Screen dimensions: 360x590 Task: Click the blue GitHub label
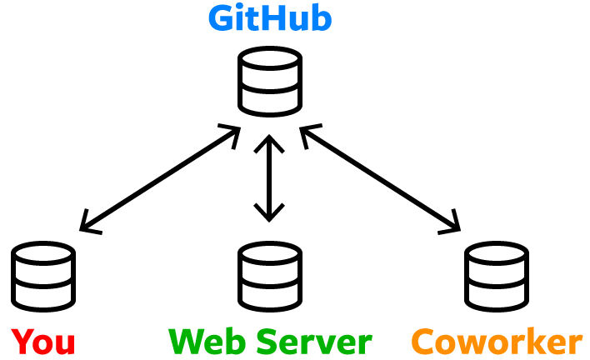(269, 18)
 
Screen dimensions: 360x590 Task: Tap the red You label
(43, 341)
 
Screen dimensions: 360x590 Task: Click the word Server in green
(312, 341)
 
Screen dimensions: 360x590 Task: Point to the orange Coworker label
(497, 341)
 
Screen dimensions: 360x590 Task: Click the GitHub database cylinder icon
(269, 81)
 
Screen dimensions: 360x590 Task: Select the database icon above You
(44, 275)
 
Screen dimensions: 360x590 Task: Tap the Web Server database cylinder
(269, 275)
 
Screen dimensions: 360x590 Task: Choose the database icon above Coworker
(495, 275)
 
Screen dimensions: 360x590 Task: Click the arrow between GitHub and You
(159, 178)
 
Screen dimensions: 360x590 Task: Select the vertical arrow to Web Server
(268, 177)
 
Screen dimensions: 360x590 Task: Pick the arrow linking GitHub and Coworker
(380, 178)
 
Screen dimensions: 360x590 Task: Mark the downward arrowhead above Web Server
(268, 214)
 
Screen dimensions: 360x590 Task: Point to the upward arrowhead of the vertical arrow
(268, 140)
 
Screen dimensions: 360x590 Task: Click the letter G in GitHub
(220, 18)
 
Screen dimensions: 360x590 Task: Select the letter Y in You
(22, 341)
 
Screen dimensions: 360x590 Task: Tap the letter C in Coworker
(425, 341)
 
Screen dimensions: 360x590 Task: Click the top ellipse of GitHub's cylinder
(269, 60)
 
